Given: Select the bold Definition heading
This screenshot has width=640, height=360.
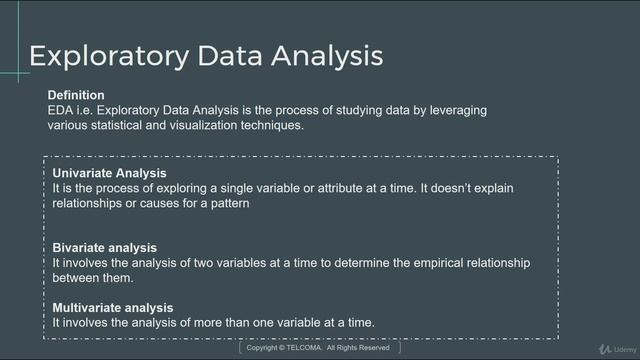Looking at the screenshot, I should point(76,95).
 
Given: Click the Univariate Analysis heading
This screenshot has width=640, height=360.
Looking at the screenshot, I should point(109,173).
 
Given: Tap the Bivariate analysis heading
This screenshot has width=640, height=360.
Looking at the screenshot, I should point(105,248).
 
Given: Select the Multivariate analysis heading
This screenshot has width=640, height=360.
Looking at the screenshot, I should point(113,308).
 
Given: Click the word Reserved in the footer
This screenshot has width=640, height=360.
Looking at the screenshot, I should point(375,348).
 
